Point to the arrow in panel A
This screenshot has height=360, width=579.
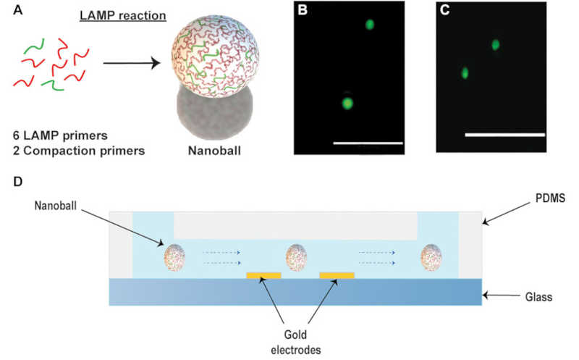tap(130, 63)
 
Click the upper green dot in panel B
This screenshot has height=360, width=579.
tap(370, 24)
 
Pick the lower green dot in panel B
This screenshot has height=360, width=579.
tap(347, 102)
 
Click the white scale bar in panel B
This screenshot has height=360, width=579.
tap(367, 143)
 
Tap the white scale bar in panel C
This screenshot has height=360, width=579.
tap(504, 134)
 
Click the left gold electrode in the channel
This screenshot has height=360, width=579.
tap(264, 276)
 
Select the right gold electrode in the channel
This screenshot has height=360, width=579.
tap(337, 276)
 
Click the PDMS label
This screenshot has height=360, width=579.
tap(541, 197)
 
